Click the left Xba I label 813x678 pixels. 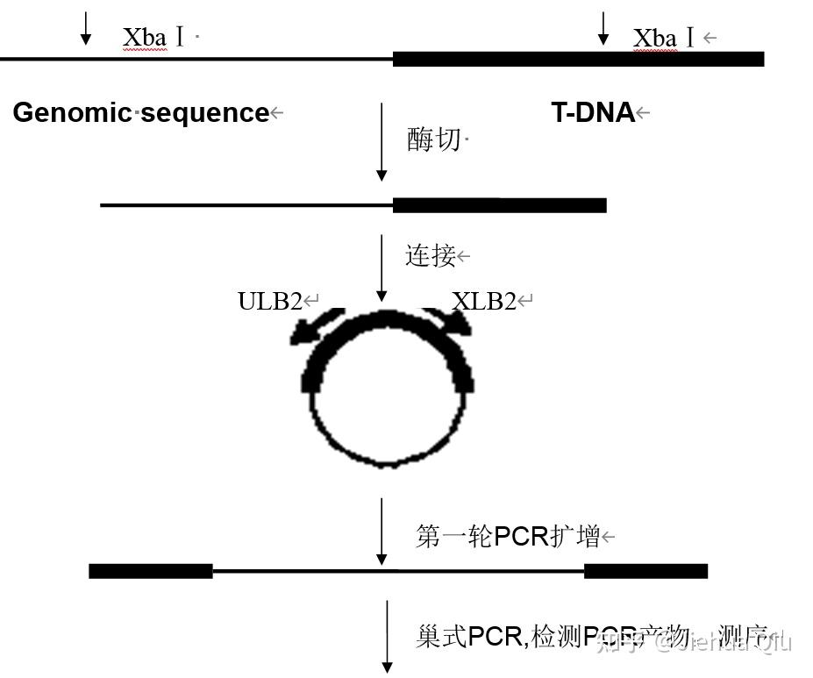click(x=154, y=38)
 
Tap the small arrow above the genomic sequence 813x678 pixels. click(x=85, y=27)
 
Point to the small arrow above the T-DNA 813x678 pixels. click(x=603, y=27)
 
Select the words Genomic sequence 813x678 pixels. click(x=140, y=113)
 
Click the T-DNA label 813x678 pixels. click(x=592, y=112)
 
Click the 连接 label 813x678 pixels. click(x=430, y=256)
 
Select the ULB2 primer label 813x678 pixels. click(x=270, y=302)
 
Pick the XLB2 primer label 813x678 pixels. click(x=484, y=302)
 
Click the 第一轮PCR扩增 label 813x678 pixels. click(x=507, y=536)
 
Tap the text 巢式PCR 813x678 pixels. click(x=469, y=637)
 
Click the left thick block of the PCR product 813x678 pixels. click(x=151, y=571)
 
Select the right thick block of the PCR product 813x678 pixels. click(x=645, y=571)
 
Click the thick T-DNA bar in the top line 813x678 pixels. click(x=578, y=59)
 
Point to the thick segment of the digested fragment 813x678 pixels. click(x=499, y=205)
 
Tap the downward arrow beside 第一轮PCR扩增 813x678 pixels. click(x=381, y=532)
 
